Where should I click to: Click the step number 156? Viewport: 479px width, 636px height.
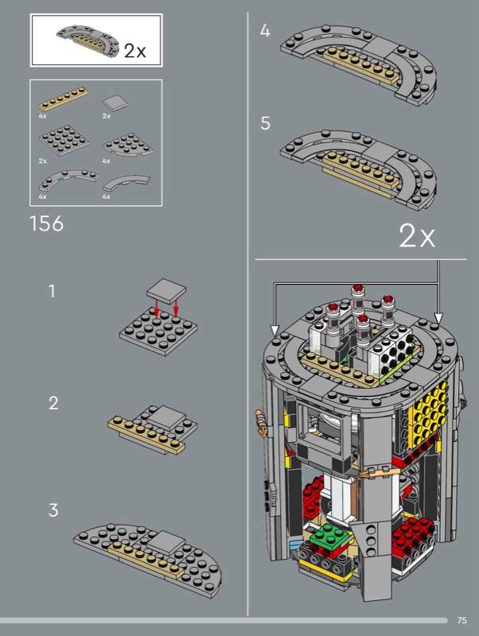pos(47,223)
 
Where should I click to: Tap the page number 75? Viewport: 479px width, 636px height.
pos(462,621)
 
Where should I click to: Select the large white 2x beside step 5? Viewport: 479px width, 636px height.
pos(417,235)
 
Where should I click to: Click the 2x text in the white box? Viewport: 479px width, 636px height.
pos(134,51)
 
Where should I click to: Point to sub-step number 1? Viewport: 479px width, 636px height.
pos(52,291)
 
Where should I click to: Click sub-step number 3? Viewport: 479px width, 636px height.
pos(53,510)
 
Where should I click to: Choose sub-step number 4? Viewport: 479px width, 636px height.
pos(265,31)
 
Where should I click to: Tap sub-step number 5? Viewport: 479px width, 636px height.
pos(265,123)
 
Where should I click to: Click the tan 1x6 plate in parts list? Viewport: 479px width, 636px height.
pos(64,99)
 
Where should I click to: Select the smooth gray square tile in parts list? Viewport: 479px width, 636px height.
pos(115,103)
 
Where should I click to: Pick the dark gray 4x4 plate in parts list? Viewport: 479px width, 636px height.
pos(64,141)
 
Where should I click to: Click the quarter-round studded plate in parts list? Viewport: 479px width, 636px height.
pos(127,145)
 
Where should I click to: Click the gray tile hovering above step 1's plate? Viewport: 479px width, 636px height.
pos(166,290)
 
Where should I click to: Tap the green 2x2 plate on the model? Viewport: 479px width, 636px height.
pos(331,536)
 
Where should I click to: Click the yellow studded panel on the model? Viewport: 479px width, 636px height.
pos(427,413)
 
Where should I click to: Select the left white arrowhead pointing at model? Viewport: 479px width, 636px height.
pos(275,330)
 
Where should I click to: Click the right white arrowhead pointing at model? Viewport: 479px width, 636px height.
pos(438,319)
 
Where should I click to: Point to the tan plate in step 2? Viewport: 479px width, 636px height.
pos(146,435)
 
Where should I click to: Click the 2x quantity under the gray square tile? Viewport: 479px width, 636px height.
pos(107,116)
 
